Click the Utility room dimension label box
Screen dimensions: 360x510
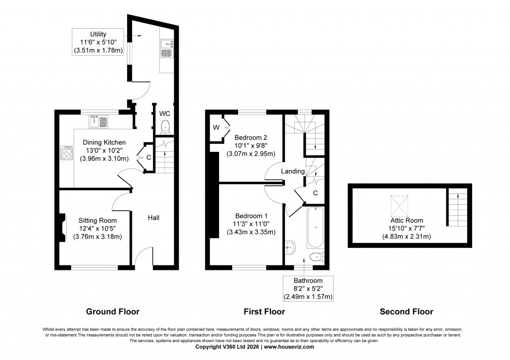click(x=98, y=42)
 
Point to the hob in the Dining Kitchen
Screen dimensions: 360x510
click(x=66, y=152)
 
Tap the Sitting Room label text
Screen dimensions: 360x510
click(x=98, y=221)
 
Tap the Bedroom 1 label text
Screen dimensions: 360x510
click(x=252, y=216)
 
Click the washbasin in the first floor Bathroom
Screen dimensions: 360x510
click(x=291, y=245)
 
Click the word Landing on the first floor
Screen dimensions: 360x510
click(x=293, y=171)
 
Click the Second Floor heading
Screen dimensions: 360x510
click(x=406, y=312)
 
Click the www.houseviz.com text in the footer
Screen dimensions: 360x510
click(x=289, y=347)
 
